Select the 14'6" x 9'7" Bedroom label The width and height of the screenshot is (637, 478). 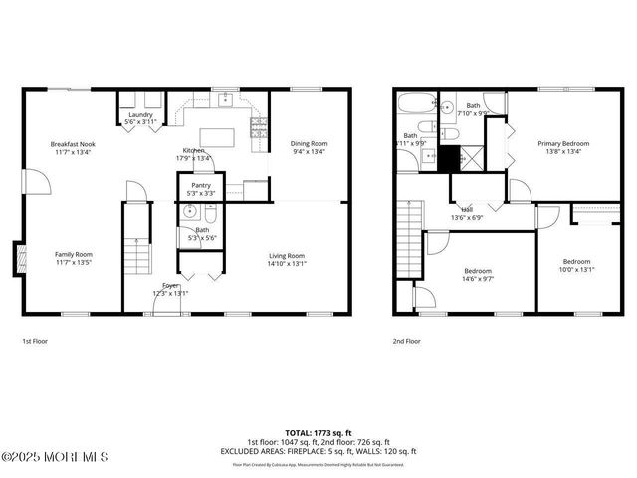point(478,276)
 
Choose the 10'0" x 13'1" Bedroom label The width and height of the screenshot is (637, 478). point(576,265)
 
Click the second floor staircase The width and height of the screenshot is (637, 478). point(407,239)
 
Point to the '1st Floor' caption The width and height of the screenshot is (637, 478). point(36,341)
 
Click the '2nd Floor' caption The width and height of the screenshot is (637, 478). point(406,341)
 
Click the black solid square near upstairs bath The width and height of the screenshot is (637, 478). point(449,158)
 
